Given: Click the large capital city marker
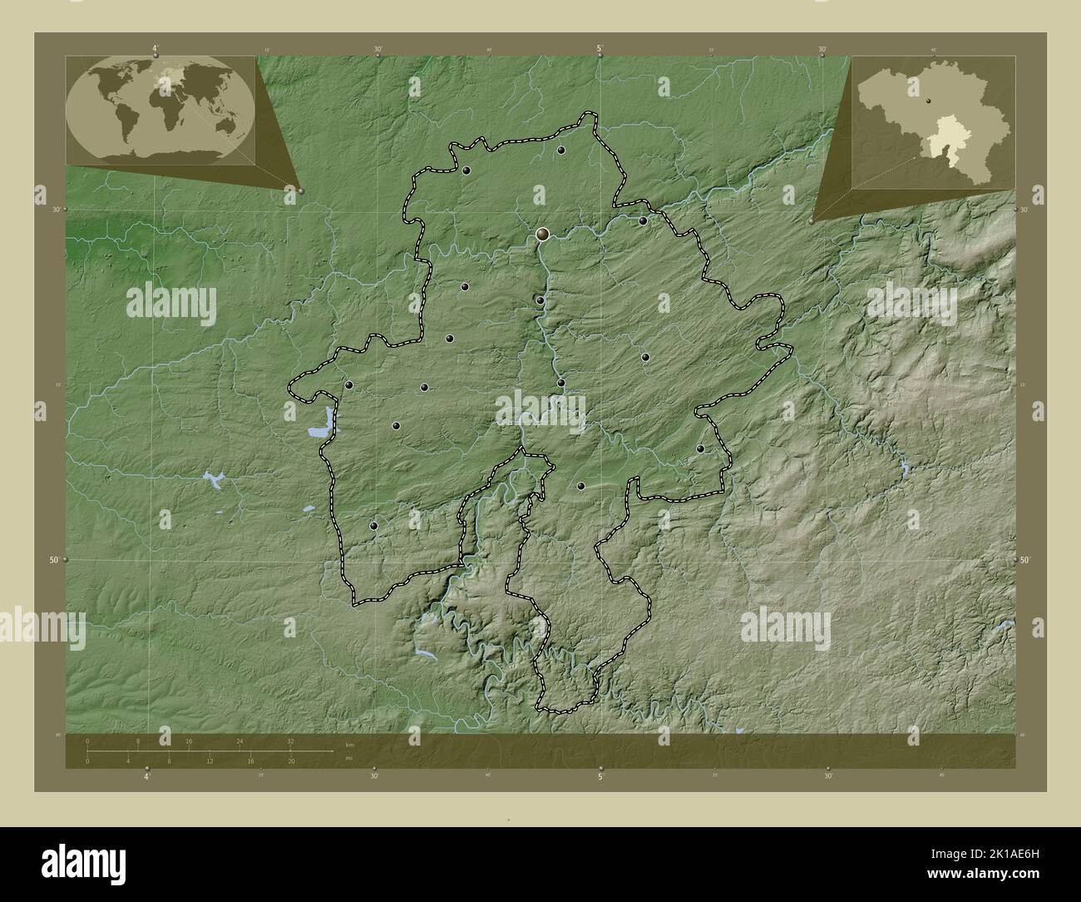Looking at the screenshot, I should pyautogui.click(x=543, y=235).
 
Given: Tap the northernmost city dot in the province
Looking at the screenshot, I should pyautogui.click(x=561, y=151).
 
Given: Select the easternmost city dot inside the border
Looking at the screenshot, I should pyautogui.click(x=700, y=449).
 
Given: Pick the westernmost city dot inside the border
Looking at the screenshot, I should pyautogui.click(x=348, y=385).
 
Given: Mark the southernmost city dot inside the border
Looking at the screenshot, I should pyautogui.click(x=373, y=526).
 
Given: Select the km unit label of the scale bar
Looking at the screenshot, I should pyautogui.click(x=349, y=744).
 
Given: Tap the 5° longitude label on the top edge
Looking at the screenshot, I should pyautogui.click(x=600, y=49).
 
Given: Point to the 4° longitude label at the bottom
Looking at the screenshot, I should pyautogui.click(x=147, y=778).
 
